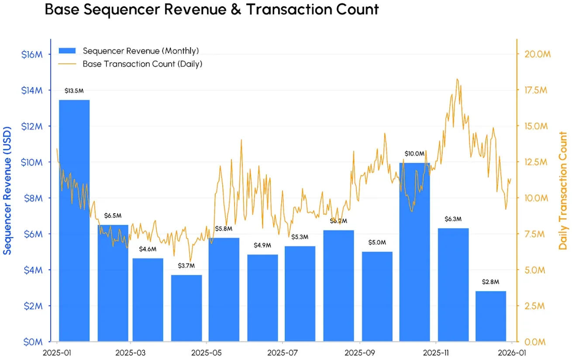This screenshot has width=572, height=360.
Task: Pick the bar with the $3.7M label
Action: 186,308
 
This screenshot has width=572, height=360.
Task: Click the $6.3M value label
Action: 453,219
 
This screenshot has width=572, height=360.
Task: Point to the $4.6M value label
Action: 148,249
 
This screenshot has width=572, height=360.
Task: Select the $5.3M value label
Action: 300,237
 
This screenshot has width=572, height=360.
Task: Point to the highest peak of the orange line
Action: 457,79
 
